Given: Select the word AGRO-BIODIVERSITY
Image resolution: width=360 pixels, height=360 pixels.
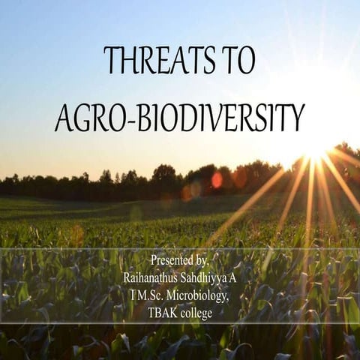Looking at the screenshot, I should tap(180, 118).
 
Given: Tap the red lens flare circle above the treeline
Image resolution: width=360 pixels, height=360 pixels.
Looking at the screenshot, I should tap(217, 179).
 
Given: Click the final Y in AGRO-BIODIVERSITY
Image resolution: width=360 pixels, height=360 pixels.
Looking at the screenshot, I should tap(297, 118).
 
